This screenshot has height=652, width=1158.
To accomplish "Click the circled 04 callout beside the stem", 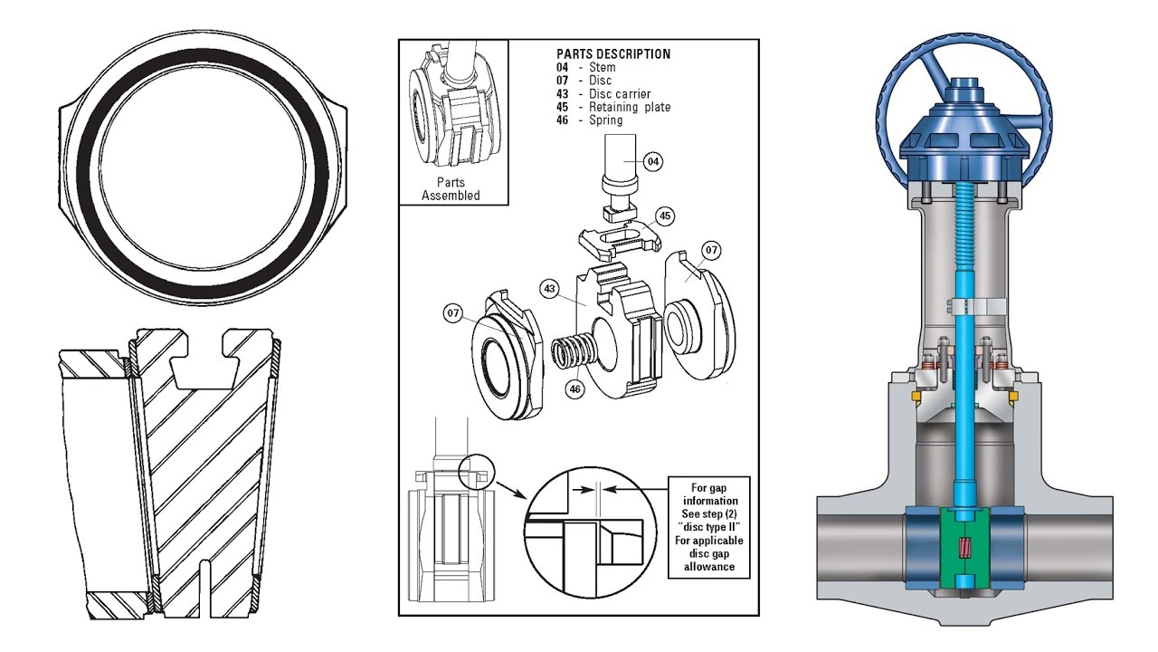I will [x=653, y=161].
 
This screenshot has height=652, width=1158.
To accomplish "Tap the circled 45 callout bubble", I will [x=665, y=216].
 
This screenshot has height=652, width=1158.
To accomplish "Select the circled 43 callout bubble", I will [x=548, y=288].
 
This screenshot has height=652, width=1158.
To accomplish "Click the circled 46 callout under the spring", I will [x=574, y=388].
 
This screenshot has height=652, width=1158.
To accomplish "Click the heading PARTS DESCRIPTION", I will [x=613, y=54].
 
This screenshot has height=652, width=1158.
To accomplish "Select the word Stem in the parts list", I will [x=602, y=68].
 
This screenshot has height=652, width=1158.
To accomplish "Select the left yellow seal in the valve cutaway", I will [x=916, y=398].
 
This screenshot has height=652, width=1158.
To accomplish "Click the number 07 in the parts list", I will [x=564, y=81].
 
